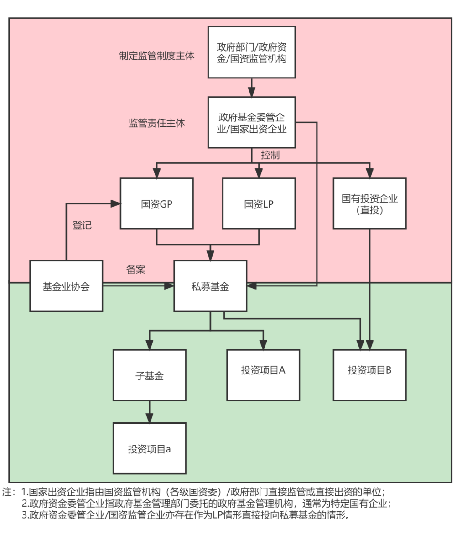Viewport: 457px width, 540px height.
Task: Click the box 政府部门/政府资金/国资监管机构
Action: tap(251, 52)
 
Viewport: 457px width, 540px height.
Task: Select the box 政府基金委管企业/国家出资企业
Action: tap(251, 122)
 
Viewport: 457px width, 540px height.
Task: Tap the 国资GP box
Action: tap(156, 203)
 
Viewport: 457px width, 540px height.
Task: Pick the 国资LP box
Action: tap(259, 203)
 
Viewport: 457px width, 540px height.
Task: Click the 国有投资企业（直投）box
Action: tap(369, 203)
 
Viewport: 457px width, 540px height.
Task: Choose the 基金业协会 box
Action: tap(66, 286)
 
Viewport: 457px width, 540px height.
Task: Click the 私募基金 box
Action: tap(210, 286)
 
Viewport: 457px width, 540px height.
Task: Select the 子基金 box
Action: tap(150, 375)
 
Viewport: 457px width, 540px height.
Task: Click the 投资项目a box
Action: tap(150, 448)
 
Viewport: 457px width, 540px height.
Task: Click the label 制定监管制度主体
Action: tap(156, 56)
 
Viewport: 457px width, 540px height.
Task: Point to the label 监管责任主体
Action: tap(156, 123)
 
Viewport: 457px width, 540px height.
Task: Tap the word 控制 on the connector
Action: tap(270, 155)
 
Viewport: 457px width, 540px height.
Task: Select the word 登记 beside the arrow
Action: tap(82, 225)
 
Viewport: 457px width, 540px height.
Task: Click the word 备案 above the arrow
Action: tap(135, 269)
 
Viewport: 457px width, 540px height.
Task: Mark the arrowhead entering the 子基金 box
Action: tap(150, 345)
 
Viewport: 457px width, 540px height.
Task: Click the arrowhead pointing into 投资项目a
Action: tap(150, 418)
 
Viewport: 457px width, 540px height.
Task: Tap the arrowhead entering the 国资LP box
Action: tap(259, 173)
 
